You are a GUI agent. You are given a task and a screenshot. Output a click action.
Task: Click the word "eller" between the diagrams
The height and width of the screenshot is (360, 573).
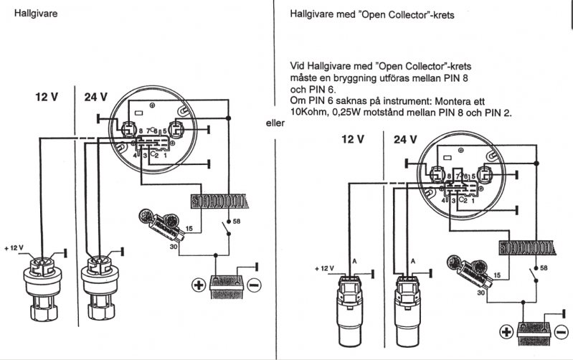tap(275, 123)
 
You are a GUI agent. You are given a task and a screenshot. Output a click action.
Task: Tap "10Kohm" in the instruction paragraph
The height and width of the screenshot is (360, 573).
tap(306, 113)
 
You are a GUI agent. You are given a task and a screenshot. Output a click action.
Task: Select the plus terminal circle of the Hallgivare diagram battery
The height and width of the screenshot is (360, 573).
tap(196, 285)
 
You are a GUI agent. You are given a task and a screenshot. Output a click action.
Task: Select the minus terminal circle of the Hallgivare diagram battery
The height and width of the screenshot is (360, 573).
tap(253, 285)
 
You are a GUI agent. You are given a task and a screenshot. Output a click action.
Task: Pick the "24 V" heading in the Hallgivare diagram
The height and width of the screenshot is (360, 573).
tap(95, 98)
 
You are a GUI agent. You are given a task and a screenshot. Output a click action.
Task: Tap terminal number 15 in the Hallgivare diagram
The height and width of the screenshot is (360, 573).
tap(189, 228)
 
